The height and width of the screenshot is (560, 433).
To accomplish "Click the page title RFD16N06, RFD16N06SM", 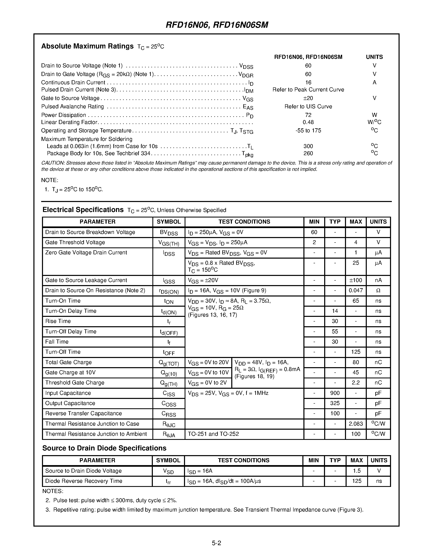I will [217, 25].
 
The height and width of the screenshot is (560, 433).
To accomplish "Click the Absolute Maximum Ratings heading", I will [87, 46].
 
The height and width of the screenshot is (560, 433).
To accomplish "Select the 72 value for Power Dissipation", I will [308, 115].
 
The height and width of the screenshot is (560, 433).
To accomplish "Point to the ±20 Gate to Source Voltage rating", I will [308, 98].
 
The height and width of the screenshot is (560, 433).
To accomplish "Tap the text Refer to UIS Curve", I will [308, 107].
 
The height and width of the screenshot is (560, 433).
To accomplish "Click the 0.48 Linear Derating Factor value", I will [308, 122].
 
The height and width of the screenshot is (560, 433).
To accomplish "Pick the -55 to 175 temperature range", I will [308, 131].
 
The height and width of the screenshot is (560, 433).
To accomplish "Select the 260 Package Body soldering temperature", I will [308, 153].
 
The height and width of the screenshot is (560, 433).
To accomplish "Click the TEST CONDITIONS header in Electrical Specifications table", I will [244, 222].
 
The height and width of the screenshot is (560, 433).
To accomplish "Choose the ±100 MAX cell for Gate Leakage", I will [356, 280].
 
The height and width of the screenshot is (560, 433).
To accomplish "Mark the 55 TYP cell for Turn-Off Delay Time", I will [335, 331].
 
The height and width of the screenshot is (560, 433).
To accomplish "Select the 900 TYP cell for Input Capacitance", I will [335, 393].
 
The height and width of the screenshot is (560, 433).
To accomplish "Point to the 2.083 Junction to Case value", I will [356, 424].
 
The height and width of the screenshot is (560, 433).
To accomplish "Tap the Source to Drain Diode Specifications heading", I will [104, 448].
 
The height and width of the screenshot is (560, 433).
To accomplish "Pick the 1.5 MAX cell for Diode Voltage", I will [357, 471].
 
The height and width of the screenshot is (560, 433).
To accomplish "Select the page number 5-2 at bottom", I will [216, 543].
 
